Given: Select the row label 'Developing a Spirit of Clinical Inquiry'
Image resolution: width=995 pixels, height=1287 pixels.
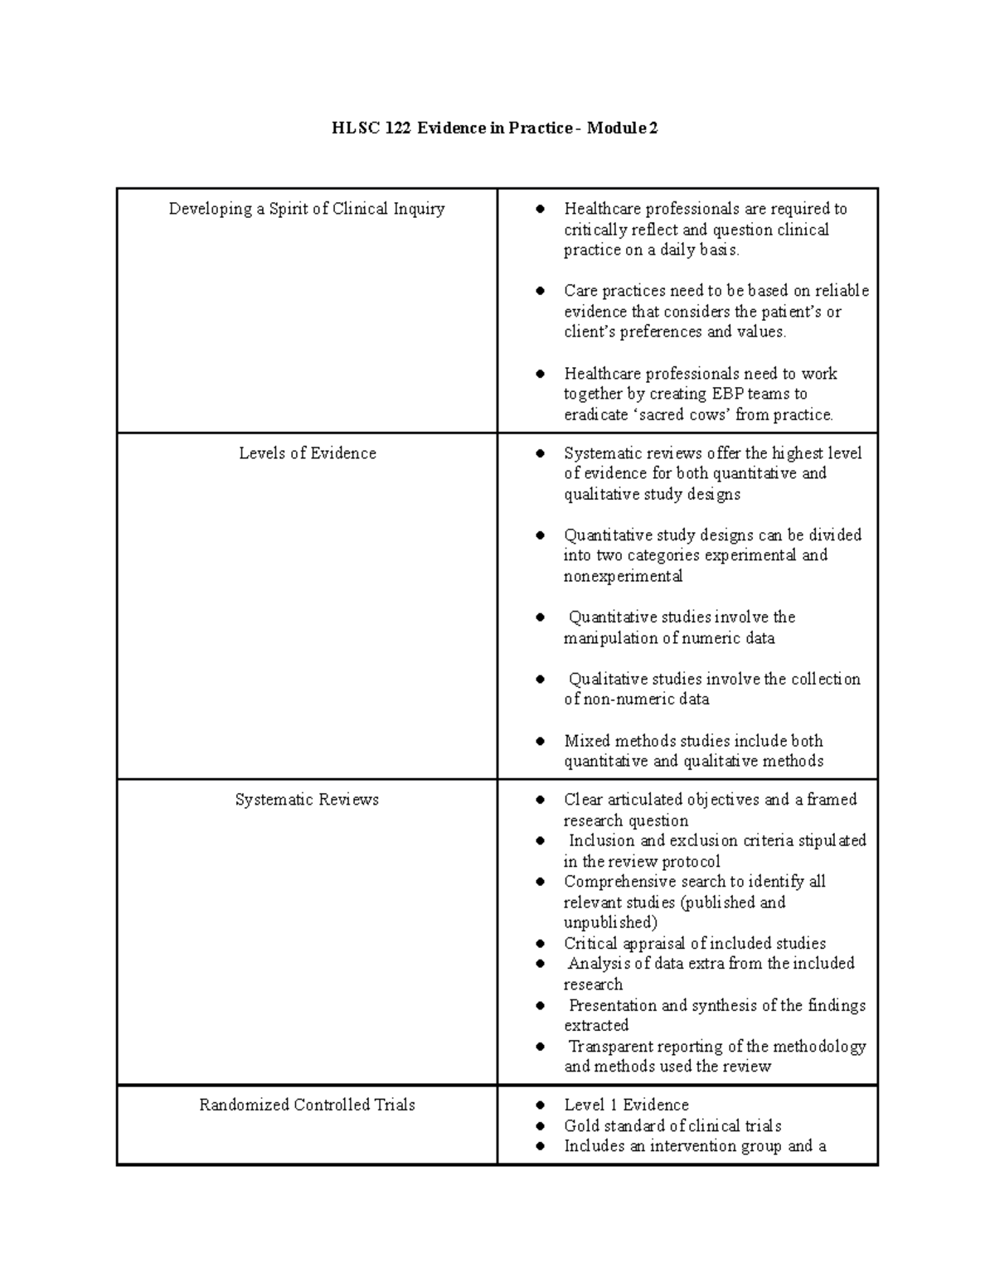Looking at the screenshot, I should click(307, 209).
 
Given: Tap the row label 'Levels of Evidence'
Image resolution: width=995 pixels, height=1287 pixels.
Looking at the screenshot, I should click(307, 453).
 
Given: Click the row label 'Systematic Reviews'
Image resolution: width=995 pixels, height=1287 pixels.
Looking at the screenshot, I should click(307, 800).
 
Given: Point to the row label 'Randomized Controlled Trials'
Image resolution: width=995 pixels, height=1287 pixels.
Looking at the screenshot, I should click(307, 1105).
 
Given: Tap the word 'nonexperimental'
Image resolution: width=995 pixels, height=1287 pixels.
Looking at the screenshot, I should click(623, 576).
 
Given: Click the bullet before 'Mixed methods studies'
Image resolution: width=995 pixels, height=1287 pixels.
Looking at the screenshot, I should click(541, 741).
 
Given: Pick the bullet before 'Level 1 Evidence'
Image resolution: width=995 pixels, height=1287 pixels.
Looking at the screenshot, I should click(541, 1105).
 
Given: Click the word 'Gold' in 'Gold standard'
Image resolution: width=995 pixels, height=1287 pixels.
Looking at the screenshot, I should click(582, 1125).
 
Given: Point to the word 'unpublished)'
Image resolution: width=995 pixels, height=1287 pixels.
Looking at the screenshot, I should click(610, 922).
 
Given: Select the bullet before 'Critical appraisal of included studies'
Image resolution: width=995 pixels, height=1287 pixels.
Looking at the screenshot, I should click(541, 943).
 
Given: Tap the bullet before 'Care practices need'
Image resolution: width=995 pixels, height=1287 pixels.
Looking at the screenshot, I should click(541, 291).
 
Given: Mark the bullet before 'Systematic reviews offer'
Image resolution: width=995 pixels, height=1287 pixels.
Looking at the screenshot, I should click(541, 453).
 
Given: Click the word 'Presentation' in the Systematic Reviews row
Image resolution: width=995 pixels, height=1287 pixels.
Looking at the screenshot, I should click(613, 1005).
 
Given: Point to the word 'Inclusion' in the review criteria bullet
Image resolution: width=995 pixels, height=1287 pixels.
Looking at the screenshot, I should click(602, 840).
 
